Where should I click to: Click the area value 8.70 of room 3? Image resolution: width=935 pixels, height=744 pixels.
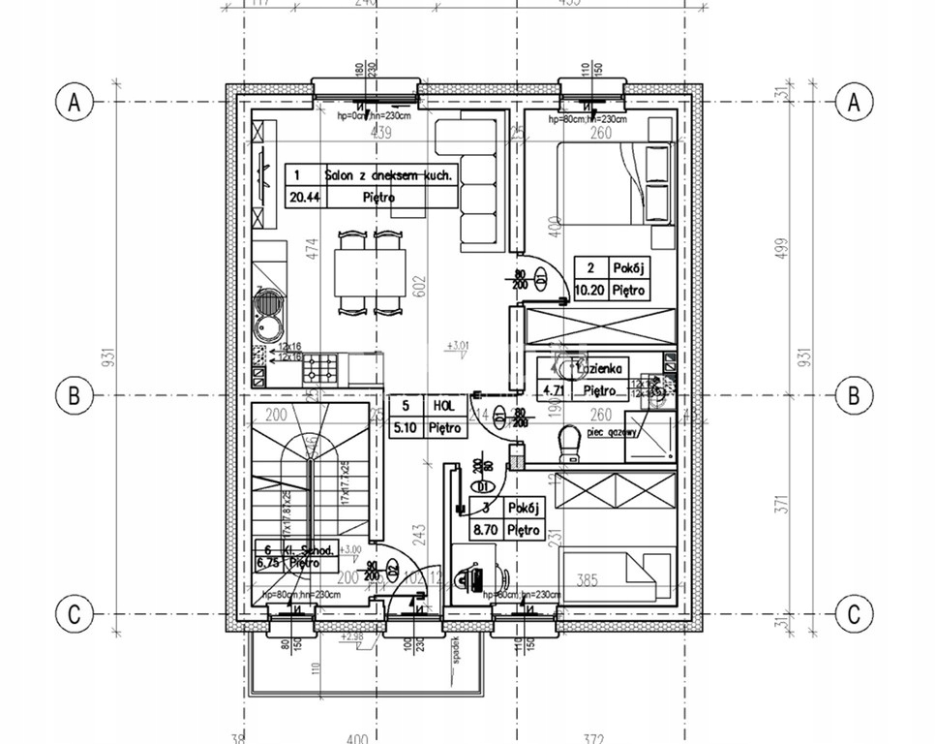(486, 529)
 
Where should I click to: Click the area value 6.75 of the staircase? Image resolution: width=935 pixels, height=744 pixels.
(268, 560)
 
